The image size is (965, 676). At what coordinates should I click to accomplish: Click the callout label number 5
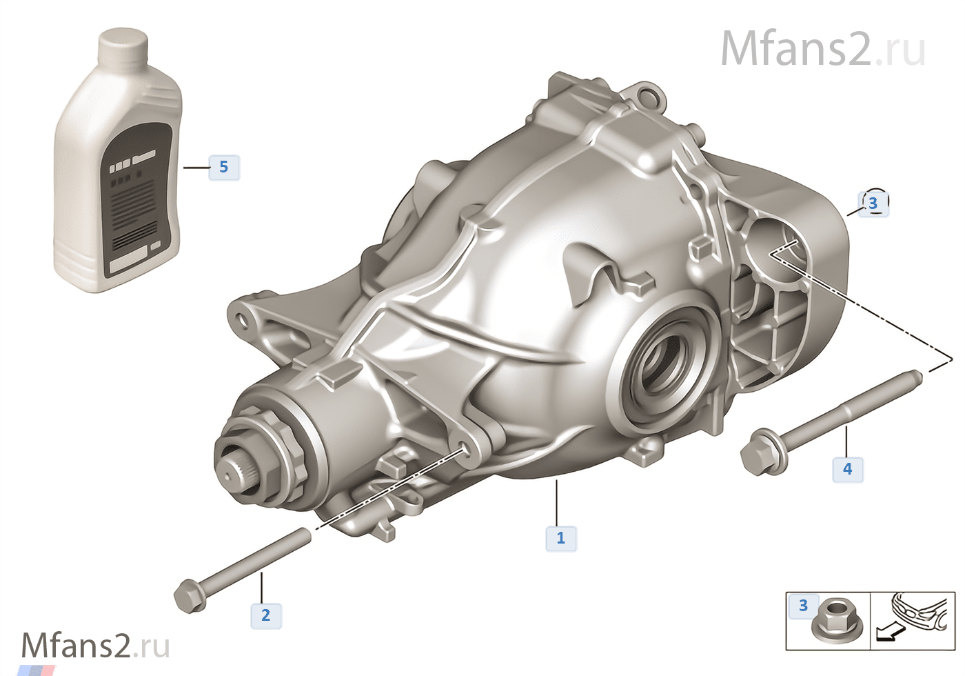point(224,167)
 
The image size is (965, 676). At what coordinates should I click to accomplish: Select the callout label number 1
point(561,539)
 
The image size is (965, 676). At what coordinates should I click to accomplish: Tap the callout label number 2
point(266,615)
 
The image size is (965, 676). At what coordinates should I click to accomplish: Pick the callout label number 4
point(848,468)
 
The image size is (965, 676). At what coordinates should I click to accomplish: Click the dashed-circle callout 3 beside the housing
point(873,203)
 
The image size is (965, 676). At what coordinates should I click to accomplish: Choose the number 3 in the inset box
point(804,606)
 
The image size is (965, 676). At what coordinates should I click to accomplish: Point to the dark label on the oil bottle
point(137,200)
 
